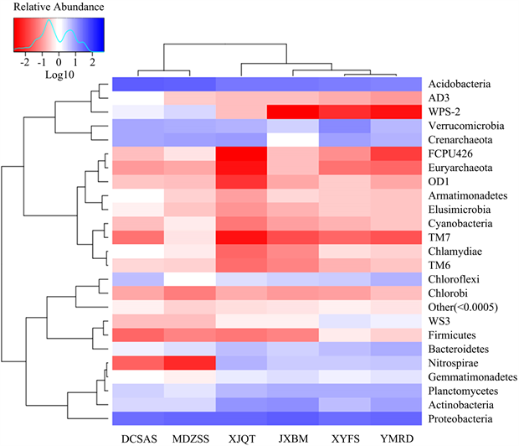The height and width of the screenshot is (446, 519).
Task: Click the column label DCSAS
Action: point(138,437)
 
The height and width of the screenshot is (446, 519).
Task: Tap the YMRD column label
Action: point(393,437)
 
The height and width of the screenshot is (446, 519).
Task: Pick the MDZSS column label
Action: point(190,437)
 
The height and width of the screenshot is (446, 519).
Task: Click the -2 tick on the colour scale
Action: point(25,62)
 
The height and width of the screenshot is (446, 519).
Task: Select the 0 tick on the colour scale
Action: point(59,62)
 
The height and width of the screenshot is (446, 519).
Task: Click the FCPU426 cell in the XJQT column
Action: point(241,154)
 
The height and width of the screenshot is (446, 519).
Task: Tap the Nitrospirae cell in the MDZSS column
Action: point(190,362)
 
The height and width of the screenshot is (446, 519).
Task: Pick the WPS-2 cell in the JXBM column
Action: point(292,112)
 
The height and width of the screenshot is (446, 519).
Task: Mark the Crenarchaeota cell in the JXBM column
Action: point(292,140)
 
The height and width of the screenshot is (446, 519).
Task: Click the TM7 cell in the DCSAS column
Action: point(138,237)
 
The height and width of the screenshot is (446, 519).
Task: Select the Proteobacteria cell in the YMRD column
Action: point(393,417)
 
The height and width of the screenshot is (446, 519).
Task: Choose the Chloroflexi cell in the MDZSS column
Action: point(190,279)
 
